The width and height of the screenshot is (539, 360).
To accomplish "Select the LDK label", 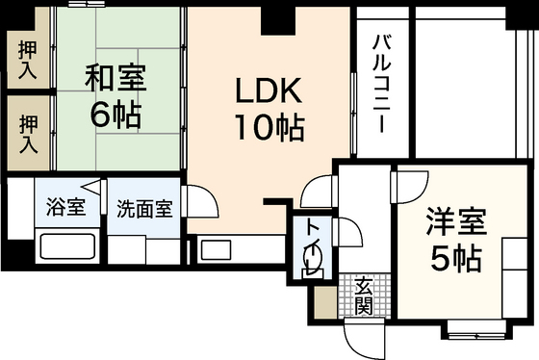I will (x=270, y=91).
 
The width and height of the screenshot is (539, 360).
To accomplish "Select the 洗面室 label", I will (x=145, y=207).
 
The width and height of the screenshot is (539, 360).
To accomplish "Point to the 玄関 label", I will (x=363, y=296).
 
